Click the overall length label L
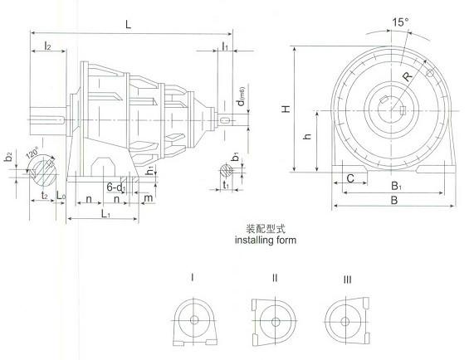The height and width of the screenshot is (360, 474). pyautogui.click(x=128, y=26)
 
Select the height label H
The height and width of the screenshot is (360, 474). pyautogui.click(x=285, y=109)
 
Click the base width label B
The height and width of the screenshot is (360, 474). pyautogui.click(x=393, y=201)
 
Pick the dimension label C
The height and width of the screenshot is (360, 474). pyautogui.click(x=351, y=178)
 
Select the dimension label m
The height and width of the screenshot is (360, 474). pyautogui.click(x=148, y=199)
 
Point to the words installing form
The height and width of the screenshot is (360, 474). pyautogui.click(x=261, y=241)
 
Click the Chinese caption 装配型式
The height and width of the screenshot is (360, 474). pyautogui.click(x=261, y=228)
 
